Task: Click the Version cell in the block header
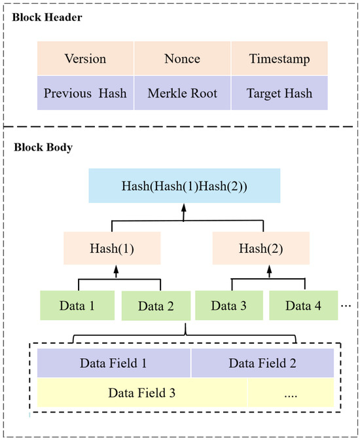(85, 58)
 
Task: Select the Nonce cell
(182, 58)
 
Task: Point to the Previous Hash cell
(85, 92)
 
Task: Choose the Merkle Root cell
(182, 92)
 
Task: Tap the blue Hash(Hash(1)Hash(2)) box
(183, 185)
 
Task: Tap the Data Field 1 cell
(114, 362)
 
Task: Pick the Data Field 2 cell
(262, 362)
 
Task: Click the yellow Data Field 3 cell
(142, 393)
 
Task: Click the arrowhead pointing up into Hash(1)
(116, 268)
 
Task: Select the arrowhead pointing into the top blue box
(184, 206)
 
